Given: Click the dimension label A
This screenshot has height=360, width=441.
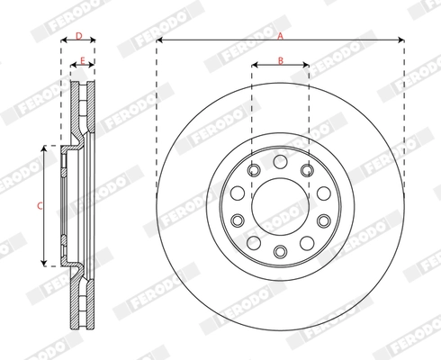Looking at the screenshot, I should pyautogui.click(x=280, y=35).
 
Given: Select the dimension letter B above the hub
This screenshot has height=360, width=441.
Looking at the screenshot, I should pyautogui.click(x=280, y=60).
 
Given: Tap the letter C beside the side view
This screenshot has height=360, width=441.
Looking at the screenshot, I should pyautogui.click(x=38, y=205).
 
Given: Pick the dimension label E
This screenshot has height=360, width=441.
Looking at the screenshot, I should pyautogui.click(x=82, y=60).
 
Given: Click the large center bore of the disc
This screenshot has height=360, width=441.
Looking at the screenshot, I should pyautogui.click(x=280, y=206).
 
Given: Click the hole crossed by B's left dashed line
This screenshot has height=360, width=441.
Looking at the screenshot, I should pyautogui.click(x=253, y=169).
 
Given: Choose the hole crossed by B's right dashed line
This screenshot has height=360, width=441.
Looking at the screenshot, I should pyautogui.click(x=308, y=169).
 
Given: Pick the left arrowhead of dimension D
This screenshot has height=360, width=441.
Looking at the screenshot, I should pyautogui.click(x=64, y=41).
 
